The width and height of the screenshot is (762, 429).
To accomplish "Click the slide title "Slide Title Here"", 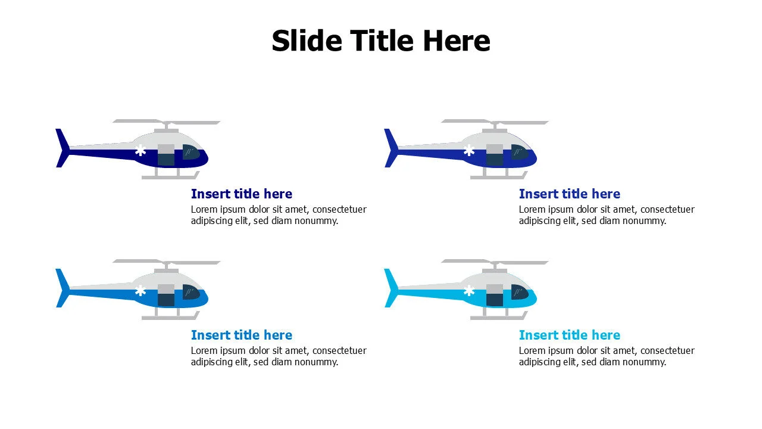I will click(381, 41).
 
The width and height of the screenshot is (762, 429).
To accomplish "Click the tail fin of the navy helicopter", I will click(61, 148).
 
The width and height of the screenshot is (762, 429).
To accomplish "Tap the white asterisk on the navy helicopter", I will click(140, 151).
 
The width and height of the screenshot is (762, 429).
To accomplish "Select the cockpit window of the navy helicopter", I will click(190, 152).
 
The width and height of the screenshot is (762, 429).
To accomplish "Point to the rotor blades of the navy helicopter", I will click(167, 122).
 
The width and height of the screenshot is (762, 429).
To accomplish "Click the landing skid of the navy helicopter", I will click(170, 176).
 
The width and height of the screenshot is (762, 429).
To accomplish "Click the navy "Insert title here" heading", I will click(241, 194).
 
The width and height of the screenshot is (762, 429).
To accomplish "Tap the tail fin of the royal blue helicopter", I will click(390, 148).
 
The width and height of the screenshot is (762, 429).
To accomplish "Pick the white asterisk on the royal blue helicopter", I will click(469, 151).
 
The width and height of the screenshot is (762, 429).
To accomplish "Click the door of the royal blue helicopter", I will click(495, 154).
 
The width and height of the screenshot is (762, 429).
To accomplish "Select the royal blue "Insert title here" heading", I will click(569, 194).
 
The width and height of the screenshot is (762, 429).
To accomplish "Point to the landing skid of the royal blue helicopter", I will click(499, 176).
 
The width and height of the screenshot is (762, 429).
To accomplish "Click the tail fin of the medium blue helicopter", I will click(61, 288).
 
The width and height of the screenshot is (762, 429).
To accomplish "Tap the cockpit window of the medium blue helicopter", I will click(190, 292).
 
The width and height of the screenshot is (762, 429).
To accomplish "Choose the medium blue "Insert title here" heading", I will click(241, 335).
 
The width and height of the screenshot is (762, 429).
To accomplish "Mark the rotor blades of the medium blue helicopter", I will click(167, 262).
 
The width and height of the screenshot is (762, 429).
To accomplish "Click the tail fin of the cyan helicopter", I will click(390, 288).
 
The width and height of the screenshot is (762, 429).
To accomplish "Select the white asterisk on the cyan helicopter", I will click(469, 291).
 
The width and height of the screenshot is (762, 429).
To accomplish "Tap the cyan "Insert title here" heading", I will click(569, 335).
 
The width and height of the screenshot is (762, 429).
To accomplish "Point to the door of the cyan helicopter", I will click(495, 294).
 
